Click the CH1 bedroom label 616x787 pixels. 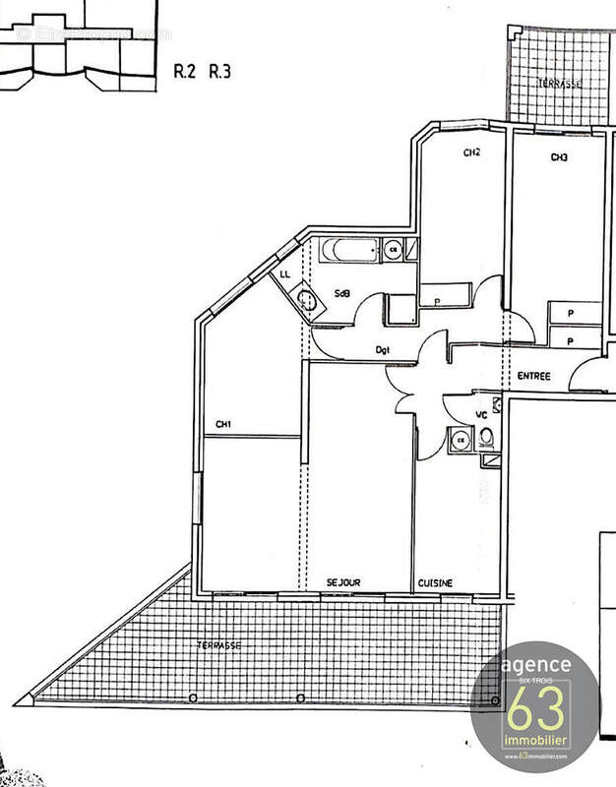click(x=223, y=425)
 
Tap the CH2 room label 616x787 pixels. click(x=471, y=152)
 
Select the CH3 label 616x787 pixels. click(x=559, y=157)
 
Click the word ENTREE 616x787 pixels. click(x=532, y=377)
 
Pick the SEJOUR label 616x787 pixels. click(x=343, y=583)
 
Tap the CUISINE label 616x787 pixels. click(x=435, y=583)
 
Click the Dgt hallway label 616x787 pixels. click(x=384, y=350)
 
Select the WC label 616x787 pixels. click(x=482, y=415)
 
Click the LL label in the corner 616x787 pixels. click(x=284, y=274)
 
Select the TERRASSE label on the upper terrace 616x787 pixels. click(x=559, y=84)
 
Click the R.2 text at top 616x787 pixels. click(x=185, y=71)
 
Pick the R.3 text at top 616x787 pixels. click(x=220, y=71)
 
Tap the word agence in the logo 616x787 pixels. click(x=535, y=666)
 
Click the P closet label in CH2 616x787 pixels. click(x=435, y=301)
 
